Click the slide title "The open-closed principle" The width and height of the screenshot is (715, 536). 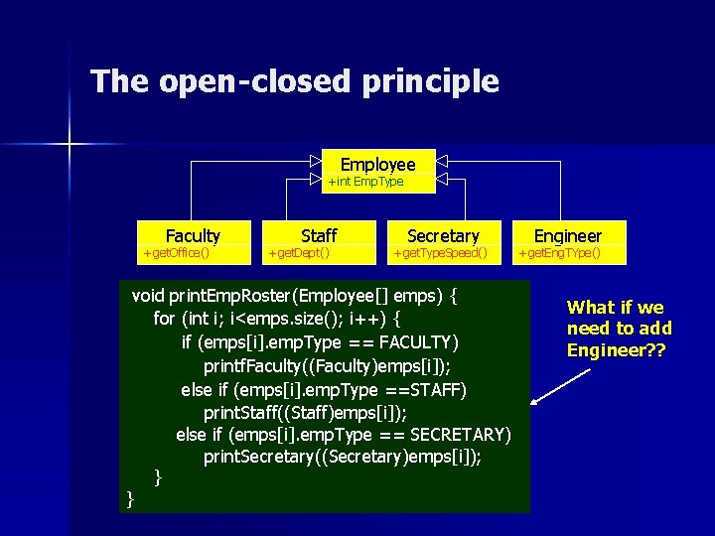[x=294, y=81]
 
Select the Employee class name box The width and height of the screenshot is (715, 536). [x=377, y=164]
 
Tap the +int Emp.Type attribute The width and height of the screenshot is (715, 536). [x=365, y=182]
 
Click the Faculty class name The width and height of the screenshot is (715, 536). [x=193, y=235]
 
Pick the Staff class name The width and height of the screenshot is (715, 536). [x=318, y=235]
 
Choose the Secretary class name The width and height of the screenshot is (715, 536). [x=443, y=235]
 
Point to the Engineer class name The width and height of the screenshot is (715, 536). [x=568, y=235]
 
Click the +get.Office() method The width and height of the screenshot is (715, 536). [x=176, y=253]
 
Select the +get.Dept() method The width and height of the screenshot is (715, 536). [x=299, y=253]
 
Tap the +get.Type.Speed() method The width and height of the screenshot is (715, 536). [x=440, y=253]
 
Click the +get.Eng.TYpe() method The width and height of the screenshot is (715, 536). [x=559, y=253]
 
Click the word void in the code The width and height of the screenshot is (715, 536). [x=148, y=296]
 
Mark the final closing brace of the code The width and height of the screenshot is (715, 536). [x=130, y=499]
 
